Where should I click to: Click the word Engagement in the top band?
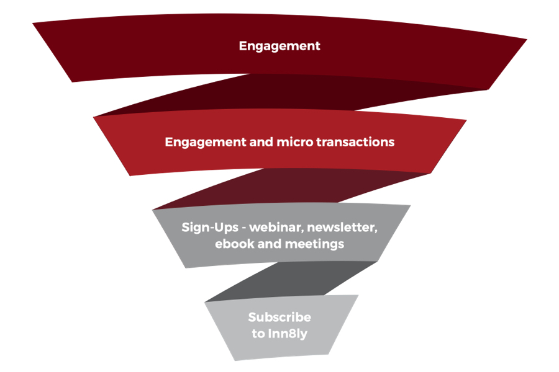pos(279,46)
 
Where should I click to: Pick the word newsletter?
pos(341,228)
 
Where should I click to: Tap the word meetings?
pos(314,244)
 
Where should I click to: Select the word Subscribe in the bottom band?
pos(279,317)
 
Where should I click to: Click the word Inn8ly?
pos(288,334)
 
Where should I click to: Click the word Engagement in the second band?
pos(206,143)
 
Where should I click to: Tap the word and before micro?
pos(261,142)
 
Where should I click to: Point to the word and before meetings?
pos(270,244)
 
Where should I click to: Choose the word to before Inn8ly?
pos(258,334)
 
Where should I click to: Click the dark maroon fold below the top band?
pos(285,93)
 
